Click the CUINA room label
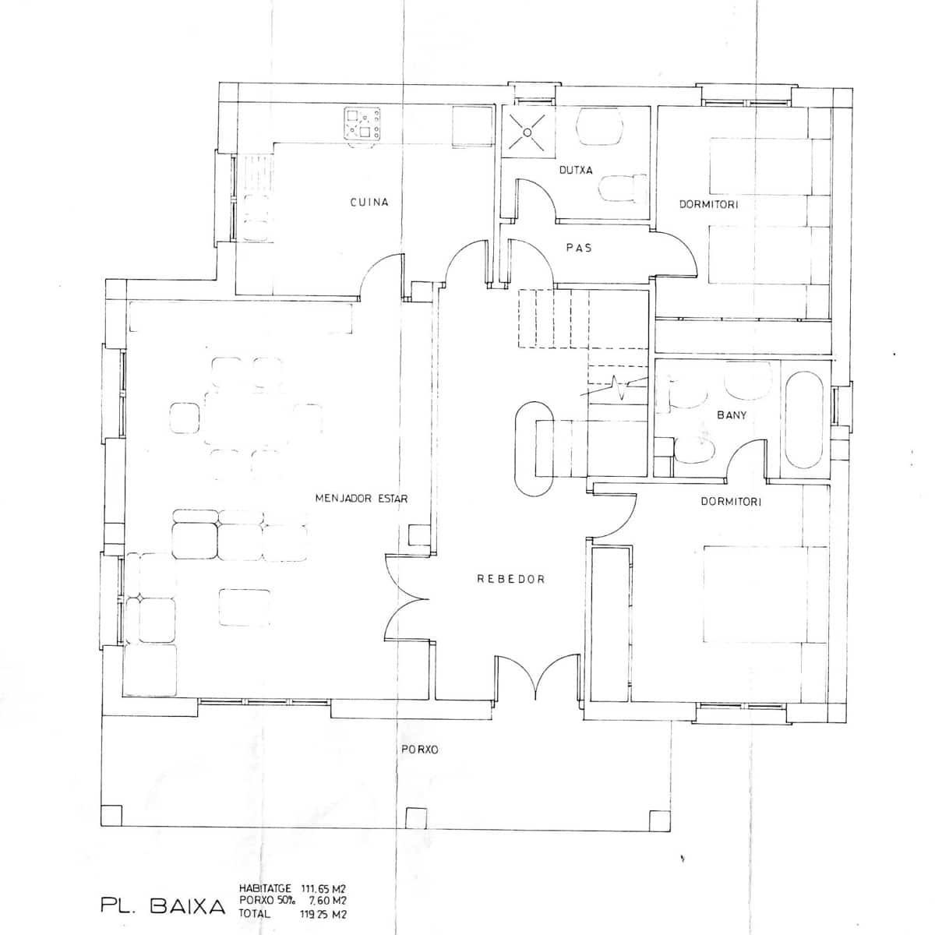click(x=369, y=203)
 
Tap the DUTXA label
click(x=576, y=170)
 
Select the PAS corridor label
click(x=579, y=248)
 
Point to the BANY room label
click(x=732, y=415)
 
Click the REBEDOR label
click(x=510, y=580)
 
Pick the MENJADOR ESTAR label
click(x=362, y=499)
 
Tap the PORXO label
click(x=419, y=750)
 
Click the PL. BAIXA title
click(x=163, y=906)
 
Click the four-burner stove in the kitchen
click(x=363, y=124)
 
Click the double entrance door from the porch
click(x=534, y=678)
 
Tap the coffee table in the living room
click(x=245, y=608)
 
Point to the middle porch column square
click(x=417, y=818)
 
